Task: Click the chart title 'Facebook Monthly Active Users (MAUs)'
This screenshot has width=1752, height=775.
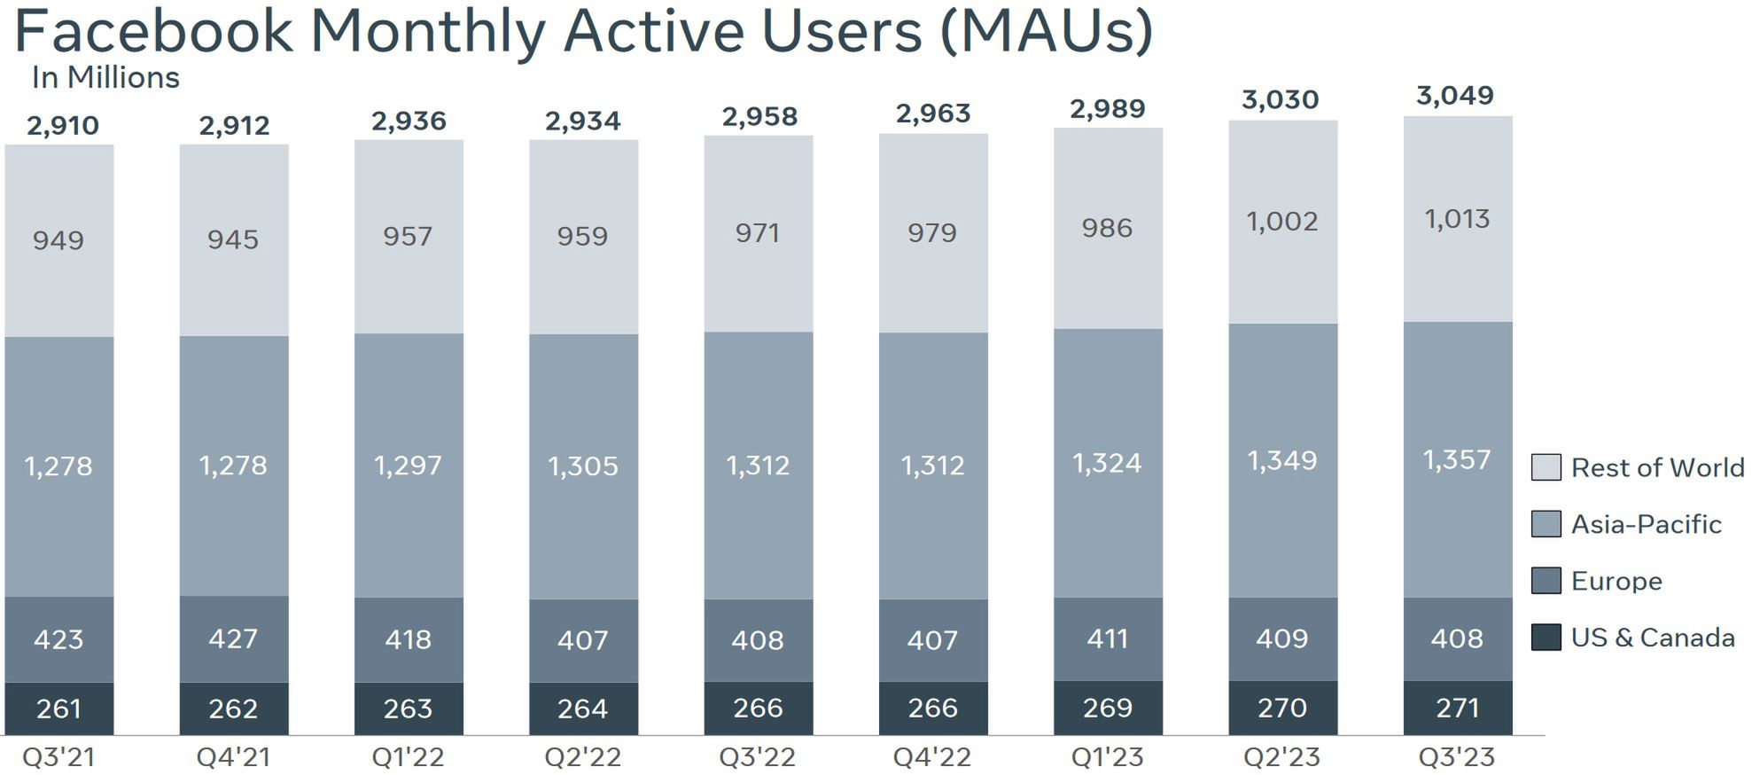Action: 583,32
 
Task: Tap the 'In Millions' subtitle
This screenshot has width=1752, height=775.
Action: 105,78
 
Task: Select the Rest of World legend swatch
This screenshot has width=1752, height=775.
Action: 1546,467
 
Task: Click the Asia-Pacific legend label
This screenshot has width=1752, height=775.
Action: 1646,524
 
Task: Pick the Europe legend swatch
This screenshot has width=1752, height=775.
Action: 1546,581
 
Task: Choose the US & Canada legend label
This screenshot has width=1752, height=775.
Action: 1652,638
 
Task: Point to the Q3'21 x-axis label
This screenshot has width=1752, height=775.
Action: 58,757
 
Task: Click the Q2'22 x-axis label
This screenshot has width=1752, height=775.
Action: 582,757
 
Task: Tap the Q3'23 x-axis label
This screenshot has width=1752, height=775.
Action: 1456,757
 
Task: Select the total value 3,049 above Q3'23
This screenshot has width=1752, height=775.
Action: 1455,96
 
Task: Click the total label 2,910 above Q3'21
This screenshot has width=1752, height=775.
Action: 62,126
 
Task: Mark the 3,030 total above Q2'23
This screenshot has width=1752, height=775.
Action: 1280,100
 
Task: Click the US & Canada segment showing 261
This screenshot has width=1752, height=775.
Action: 58,708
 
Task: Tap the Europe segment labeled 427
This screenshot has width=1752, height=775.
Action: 233,638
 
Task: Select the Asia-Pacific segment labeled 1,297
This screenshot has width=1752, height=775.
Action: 408,466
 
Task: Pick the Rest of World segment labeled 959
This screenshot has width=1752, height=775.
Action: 582,237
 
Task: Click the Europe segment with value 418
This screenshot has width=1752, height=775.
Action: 408,639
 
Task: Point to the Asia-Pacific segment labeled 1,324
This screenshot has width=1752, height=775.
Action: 1107,463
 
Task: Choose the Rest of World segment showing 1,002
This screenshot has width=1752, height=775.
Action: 1281,222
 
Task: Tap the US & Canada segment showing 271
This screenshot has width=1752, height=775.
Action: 1457,708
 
